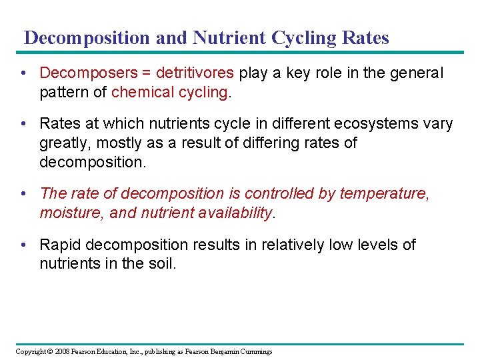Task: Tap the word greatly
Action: (x=63, y=143)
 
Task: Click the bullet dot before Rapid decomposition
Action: (x=24, y=245)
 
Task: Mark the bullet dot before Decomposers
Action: (x=24, y=73)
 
